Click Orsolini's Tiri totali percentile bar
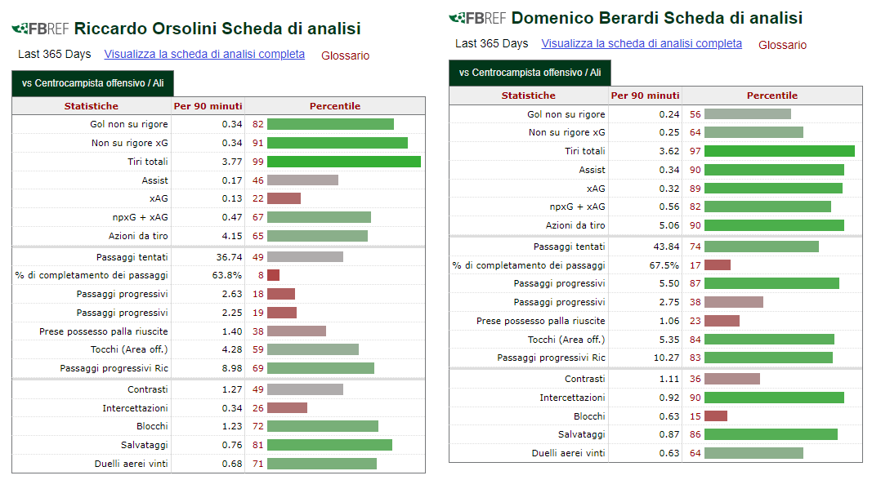point(344,162)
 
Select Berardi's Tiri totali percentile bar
point(779,151)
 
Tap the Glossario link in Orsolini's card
point(346,56)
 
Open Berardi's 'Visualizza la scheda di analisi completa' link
point(642,43)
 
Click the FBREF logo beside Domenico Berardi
point(478,18)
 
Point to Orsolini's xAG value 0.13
point(232,198)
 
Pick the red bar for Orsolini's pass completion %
point(273,275)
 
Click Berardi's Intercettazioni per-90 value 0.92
point(669,398)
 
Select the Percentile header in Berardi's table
point(772,96)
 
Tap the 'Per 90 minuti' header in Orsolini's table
point(208,106)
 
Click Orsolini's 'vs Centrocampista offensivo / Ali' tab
point(93,83)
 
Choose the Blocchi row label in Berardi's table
point(589,416)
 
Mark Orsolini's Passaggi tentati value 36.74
point(229,257)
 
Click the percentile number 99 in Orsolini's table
point(258,162)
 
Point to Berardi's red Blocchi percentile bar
point(716,416)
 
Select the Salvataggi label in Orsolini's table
point(144,445)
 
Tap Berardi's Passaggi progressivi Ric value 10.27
point(666,358)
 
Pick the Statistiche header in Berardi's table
point(528,96)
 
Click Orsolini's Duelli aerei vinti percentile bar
point(322,464)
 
